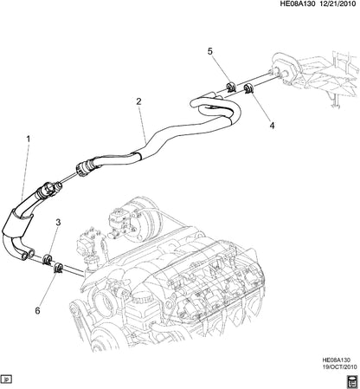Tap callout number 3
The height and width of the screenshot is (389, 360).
[x=57, y=223]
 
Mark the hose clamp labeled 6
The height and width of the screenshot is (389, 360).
[x=58, y=264]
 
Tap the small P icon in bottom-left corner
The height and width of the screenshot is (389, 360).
[x=7, y=379]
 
